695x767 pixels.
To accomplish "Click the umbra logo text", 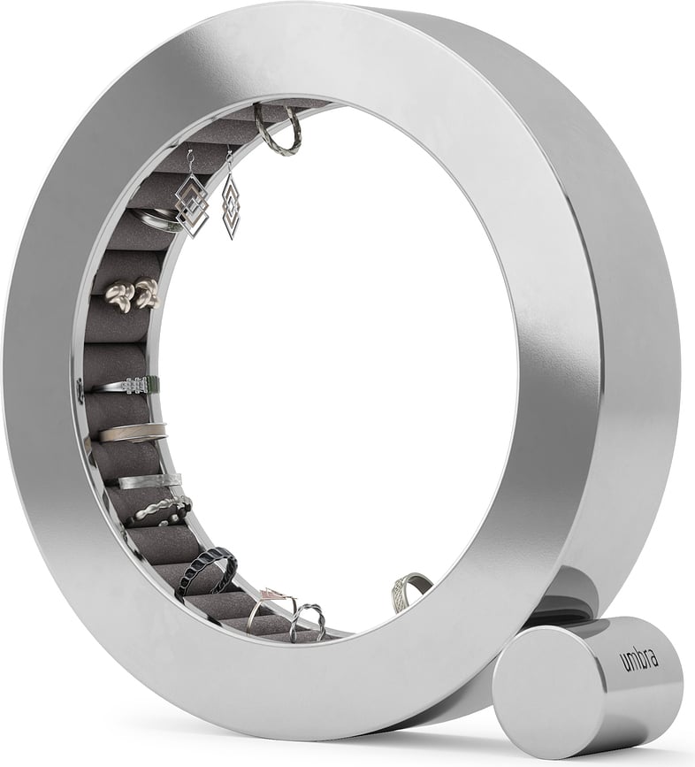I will tap(639, 659).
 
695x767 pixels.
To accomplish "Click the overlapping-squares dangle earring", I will tap(192, 204).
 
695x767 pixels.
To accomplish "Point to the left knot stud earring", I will tap(118, 295).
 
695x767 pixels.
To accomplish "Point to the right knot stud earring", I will tap(146, 291).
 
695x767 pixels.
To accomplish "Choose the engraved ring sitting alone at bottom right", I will tap(409, 590).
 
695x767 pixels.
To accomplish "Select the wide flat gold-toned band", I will tap(132, 433).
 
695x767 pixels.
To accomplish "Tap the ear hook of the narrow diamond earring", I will tap(229, 159).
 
